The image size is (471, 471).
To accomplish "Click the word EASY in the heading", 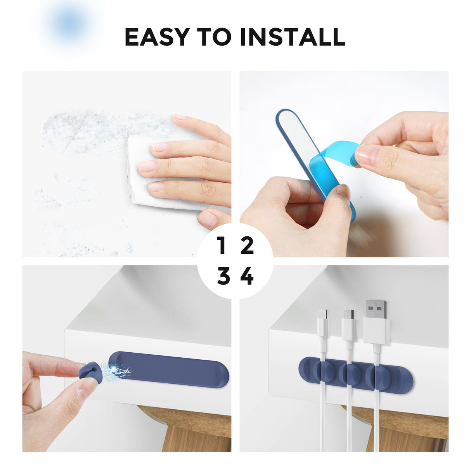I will [x=157, y=37].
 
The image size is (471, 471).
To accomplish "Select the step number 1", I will [x=222, y=246].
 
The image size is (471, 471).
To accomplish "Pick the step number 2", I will [x=247, y=246].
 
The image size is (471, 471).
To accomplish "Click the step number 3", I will [x=223, y=277].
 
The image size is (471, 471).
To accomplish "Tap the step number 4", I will [x=247, y=277].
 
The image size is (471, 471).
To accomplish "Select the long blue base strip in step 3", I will [x=171, y=370].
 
